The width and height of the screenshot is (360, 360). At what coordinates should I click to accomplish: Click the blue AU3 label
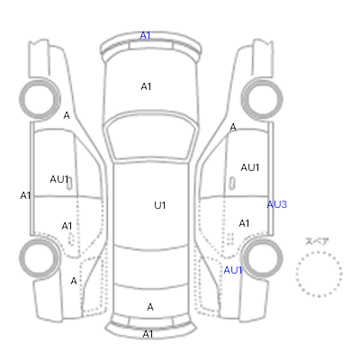277,204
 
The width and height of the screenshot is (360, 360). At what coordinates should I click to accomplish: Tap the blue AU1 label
233,270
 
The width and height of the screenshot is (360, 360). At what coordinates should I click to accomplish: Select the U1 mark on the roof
160,205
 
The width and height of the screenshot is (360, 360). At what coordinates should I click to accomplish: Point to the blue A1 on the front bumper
145,35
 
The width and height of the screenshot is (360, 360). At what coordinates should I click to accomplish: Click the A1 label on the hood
146,86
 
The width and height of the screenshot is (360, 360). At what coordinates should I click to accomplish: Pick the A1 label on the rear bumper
148,334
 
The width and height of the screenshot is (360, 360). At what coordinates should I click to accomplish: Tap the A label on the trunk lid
150,307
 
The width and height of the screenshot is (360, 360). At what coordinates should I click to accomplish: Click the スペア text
317,242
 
